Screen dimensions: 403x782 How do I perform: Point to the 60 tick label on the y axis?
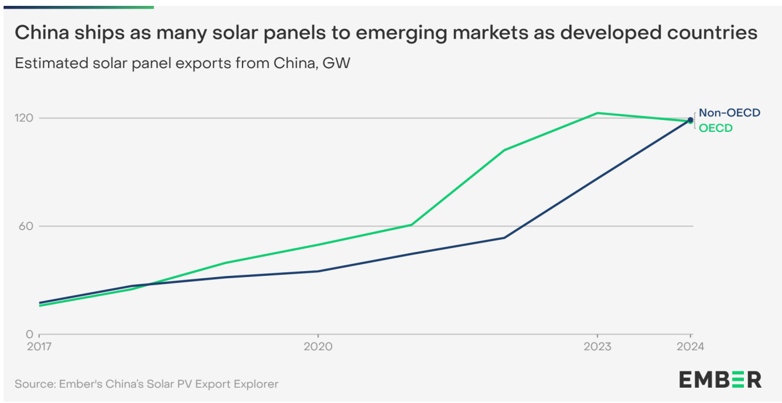[27, 226]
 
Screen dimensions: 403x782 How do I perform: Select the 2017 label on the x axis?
[39, 347]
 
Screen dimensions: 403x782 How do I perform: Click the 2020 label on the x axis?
[317, 347]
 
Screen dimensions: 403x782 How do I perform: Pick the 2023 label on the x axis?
[597, 347]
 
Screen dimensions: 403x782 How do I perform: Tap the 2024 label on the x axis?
[690, 347]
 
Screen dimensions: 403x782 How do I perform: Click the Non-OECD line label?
[729, 112]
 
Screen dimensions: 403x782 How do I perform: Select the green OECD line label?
[716, 128]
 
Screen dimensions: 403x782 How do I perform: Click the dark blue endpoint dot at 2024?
[690, 120]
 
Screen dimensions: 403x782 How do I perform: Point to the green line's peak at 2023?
[597, 113]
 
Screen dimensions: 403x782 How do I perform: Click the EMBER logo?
[720, 380]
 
